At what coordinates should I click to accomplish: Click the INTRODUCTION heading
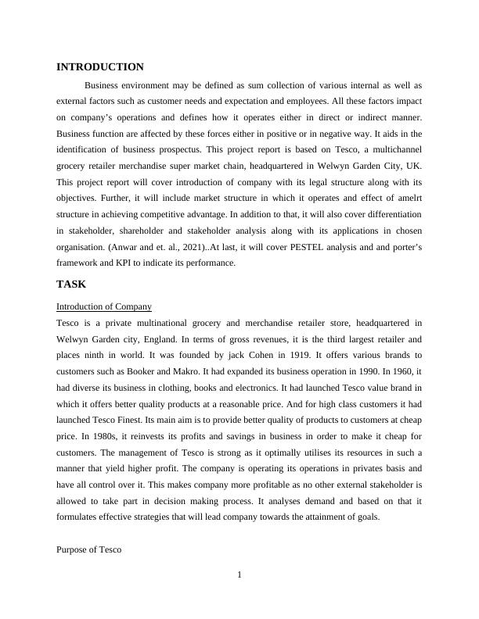[100, 67]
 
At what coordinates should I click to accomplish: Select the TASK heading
[71, 284]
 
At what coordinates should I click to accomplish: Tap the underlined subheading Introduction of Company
[104, 306]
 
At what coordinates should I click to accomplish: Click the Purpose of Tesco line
[89, 550]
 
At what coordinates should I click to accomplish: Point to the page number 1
[239, 576]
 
